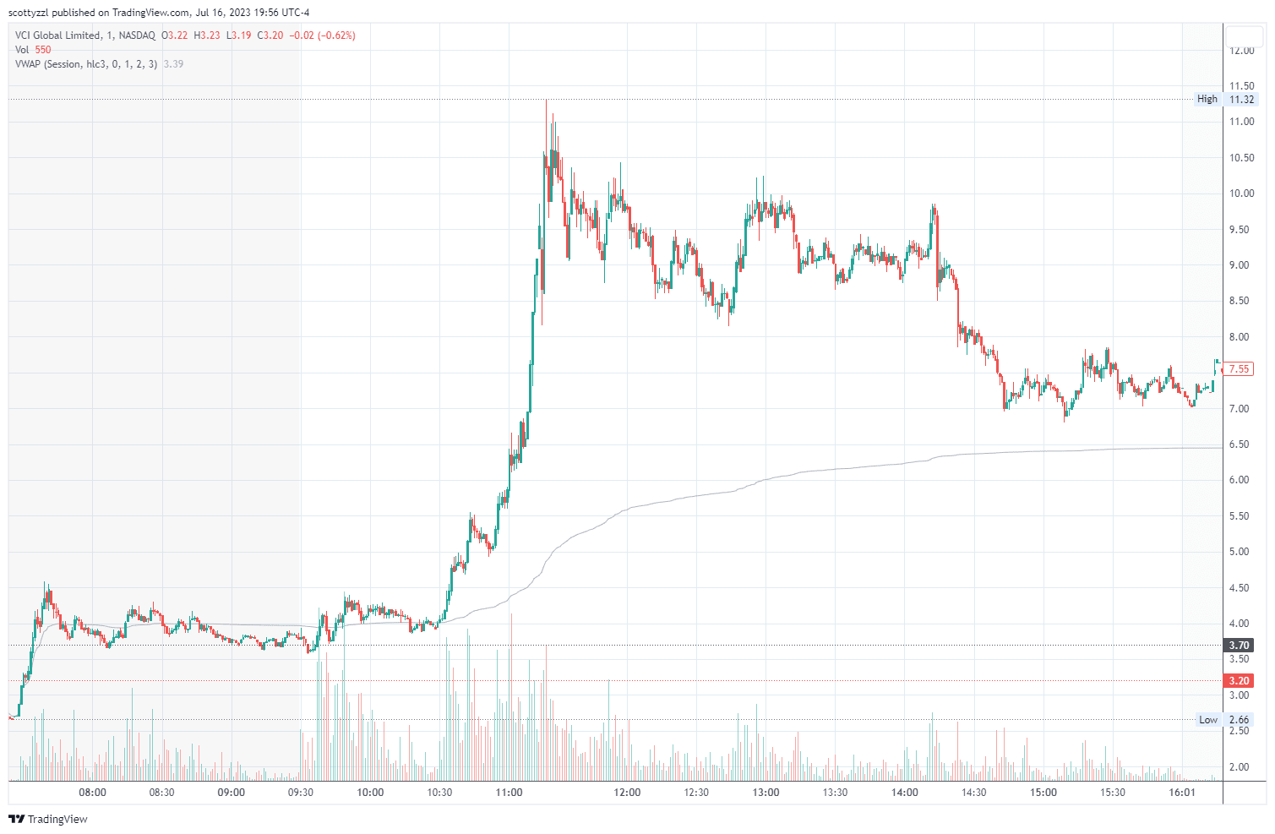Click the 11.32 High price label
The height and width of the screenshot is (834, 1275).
click(x=1241, y=100)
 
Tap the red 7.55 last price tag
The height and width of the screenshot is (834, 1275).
click(x=1239, y=369)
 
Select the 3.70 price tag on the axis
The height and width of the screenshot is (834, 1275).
click(x=1239, y=646)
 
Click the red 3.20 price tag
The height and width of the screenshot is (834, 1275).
click(x=1239, y=681)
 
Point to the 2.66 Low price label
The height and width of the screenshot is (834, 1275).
click(x=1239, y=720)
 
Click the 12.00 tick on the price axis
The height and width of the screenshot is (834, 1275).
click(x=1241, y=51)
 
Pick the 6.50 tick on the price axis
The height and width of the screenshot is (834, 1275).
click(x=1240, y=444)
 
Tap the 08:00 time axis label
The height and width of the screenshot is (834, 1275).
click(x=92, y=793)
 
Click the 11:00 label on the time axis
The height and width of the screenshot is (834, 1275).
click(x=509, y=793)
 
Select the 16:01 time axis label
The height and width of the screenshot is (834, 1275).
click(x=1181, y=793)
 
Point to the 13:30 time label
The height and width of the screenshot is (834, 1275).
click(x=835, y=793)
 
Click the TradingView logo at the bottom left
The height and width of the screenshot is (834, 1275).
click(x=48, y=819)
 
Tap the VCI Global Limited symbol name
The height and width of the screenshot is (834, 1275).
click(x=58, y=35)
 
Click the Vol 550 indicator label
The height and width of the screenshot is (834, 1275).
click(x=33, y=50)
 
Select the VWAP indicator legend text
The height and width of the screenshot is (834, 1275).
click(x=85, y=64)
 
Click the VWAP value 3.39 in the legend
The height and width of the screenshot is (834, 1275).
click(x=173, y=64)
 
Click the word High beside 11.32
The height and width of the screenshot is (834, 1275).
click(x=1207, y=100)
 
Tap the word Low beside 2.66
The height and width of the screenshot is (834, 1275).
click(x=1208, y=720)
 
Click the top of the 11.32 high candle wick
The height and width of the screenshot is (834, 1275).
click(x=547, y=101)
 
